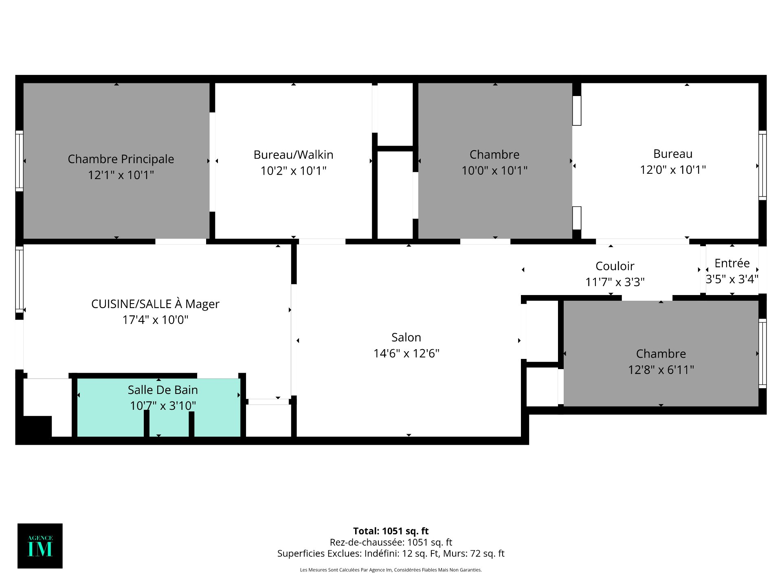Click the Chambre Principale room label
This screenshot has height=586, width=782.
tap(121, 159)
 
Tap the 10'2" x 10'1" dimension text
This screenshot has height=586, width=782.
tap(293, 171)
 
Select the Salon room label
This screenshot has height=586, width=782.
tap(406, 337)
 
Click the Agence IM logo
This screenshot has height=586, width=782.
tap(40, 546)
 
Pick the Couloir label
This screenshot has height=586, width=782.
tap(615, 266)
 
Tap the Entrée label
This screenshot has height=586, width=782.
tap(732, 263)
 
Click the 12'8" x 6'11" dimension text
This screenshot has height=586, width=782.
tap(661, 370)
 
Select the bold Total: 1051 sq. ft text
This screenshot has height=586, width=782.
tap(391, 531)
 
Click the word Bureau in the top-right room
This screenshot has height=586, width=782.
tap(672, 154)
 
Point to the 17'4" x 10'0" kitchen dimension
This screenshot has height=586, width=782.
tap(155, 320)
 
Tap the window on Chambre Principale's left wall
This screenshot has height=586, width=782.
tap(19, 161)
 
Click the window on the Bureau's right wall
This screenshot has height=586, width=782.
tap(762, 165)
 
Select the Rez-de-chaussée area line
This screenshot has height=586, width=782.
tap(391, 542)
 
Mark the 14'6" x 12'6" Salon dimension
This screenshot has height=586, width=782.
tap(406, 353)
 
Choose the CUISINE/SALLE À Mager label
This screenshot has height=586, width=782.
tap(155, 304)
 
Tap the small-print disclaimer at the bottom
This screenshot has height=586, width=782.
tap(391, 570)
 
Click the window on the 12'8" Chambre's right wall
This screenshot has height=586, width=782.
tap(762, 353)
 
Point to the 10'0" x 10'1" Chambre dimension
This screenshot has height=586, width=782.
tap(494, 171)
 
